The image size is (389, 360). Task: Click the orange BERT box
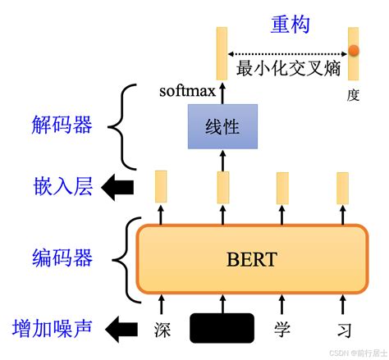pyautogui.click(x=251, y=260)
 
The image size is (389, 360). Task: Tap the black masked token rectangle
pyautogui.click(x=221, y=328)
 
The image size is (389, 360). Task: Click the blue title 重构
pyautogui.click(x=290, y=25)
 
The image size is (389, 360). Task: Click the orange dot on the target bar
pyautogui.click(x=354, y=52)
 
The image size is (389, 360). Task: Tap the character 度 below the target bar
pyautogui.click(x=353, y=94)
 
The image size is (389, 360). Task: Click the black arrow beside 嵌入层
pyautogui.click(x=117, y=188)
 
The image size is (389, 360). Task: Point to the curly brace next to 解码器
pyautogui.click(x=126, y=127)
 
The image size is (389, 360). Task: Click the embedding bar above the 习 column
pyautogui.click(x=343, y=186)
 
